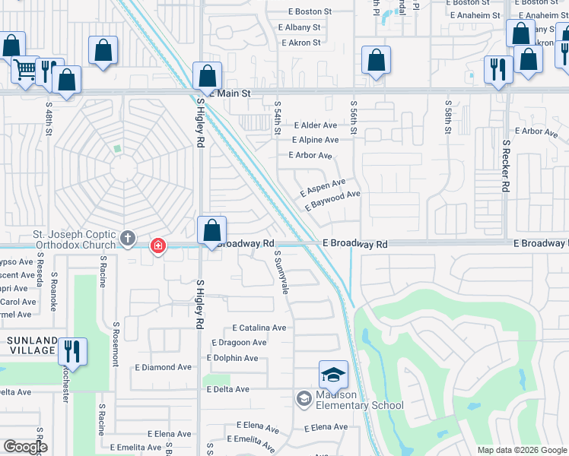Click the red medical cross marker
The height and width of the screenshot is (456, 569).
158,246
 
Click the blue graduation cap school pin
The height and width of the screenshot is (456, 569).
333,375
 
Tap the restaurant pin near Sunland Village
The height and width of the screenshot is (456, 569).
72,351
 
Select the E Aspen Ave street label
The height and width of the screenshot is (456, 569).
323,186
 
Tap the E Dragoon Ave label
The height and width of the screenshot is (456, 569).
239,343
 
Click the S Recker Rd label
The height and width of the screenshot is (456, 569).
505,165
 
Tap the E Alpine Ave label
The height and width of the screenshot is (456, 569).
315,140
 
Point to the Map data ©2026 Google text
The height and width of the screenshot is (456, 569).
521,450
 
